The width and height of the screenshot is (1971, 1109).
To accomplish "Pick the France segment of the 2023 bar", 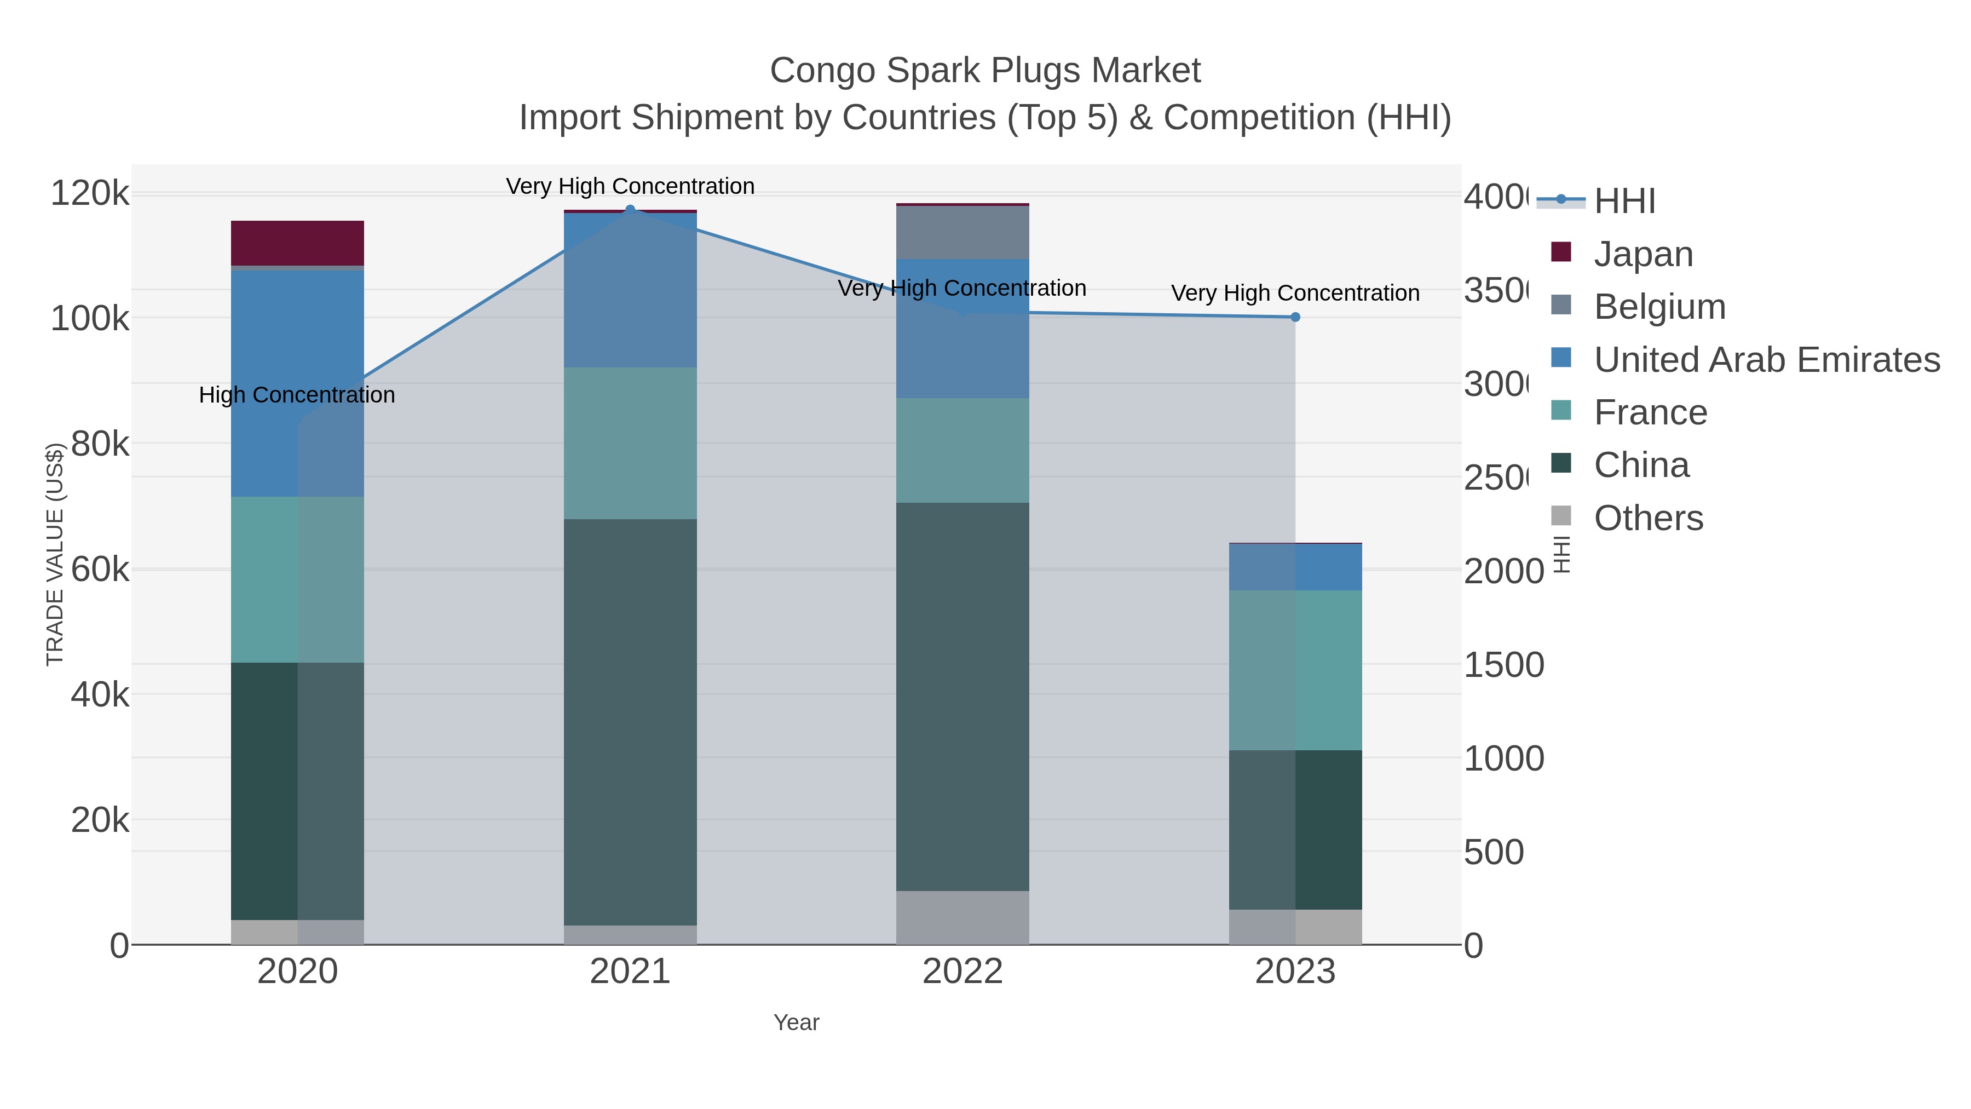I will point(1295,670).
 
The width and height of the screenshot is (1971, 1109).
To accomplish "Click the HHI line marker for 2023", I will point(1295,317).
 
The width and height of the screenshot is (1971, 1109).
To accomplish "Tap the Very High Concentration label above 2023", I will point(1295,293).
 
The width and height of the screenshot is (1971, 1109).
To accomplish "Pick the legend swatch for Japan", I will point(1561,252).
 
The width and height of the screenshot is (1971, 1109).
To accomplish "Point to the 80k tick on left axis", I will point(100,444).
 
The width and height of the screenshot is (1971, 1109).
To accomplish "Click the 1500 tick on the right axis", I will point(1503,664).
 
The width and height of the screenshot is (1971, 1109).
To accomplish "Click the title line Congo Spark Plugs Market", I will point(985,71).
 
